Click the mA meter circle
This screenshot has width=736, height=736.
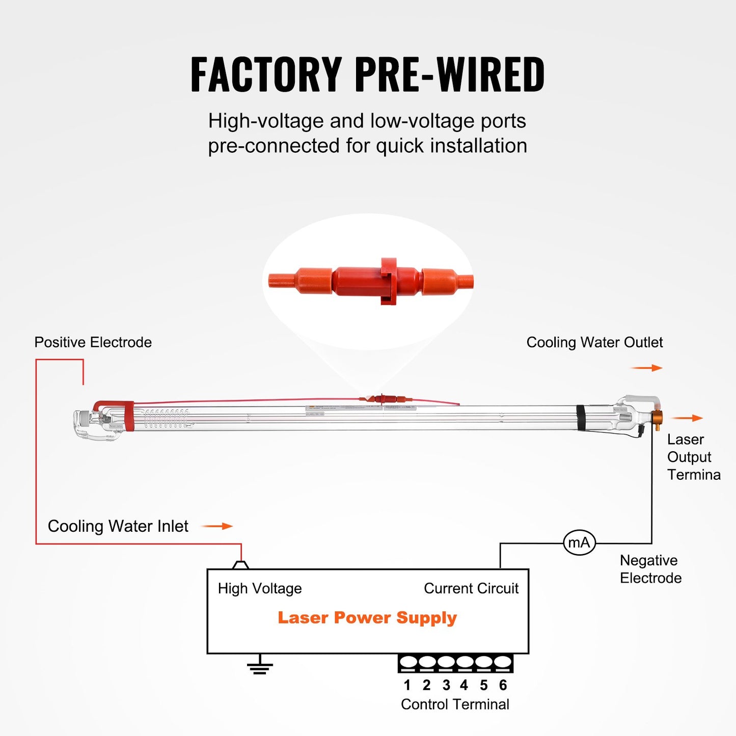click(579, 542)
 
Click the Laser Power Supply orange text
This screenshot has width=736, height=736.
click(367, 617)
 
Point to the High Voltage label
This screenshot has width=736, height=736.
click(260, 588)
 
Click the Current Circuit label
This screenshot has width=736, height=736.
click(471, 588)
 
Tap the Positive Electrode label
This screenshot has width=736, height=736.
click(93, 342)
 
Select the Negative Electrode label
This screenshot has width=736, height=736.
click(650, 569)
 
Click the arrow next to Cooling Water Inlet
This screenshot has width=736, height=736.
click(217, 526)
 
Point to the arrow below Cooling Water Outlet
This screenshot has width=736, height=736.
click(646, 368)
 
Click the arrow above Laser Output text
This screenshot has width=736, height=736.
click(687, 418)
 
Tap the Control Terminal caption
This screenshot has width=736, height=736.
click(455, 704)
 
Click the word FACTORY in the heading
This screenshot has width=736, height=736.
click(266, 74)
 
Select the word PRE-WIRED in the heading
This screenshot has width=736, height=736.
click(449, 74)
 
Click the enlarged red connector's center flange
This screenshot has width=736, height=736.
click(389, 281)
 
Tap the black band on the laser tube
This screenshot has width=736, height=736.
click(581, 418)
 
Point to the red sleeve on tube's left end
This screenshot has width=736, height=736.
click(129, 417)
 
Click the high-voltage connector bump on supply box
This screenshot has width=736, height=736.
click(240, 565)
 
